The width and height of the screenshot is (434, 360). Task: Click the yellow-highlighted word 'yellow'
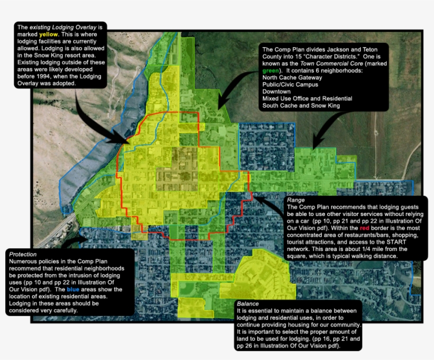[48, 34]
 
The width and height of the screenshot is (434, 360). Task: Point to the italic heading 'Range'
[295, 200]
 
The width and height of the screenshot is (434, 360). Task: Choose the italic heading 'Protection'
[23, 255]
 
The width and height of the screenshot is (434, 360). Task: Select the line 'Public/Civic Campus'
[290, 84]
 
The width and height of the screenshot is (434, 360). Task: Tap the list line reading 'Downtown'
[276, 91]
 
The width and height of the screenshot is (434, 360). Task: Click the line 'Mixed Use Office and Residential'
[307, 98]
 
